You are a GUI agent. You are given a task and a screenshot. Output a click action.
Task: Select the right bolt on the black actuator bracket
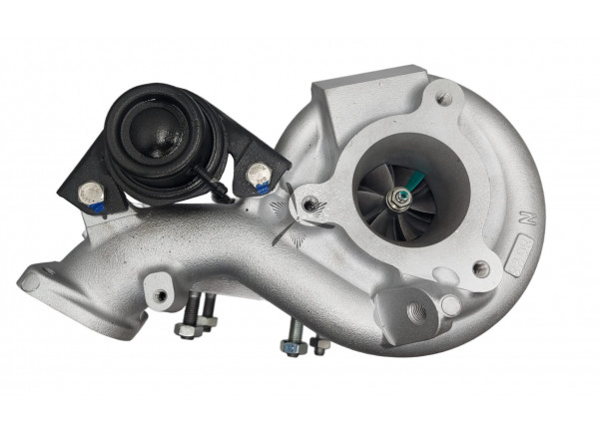(x=259, y=173)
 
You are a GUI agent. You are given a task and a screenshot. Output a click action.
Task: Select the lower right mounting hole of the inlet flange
(x=481, y=267)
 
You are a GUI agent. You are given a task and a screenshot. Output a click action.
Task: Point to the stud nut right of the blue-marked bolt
(x=319, y=344)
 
